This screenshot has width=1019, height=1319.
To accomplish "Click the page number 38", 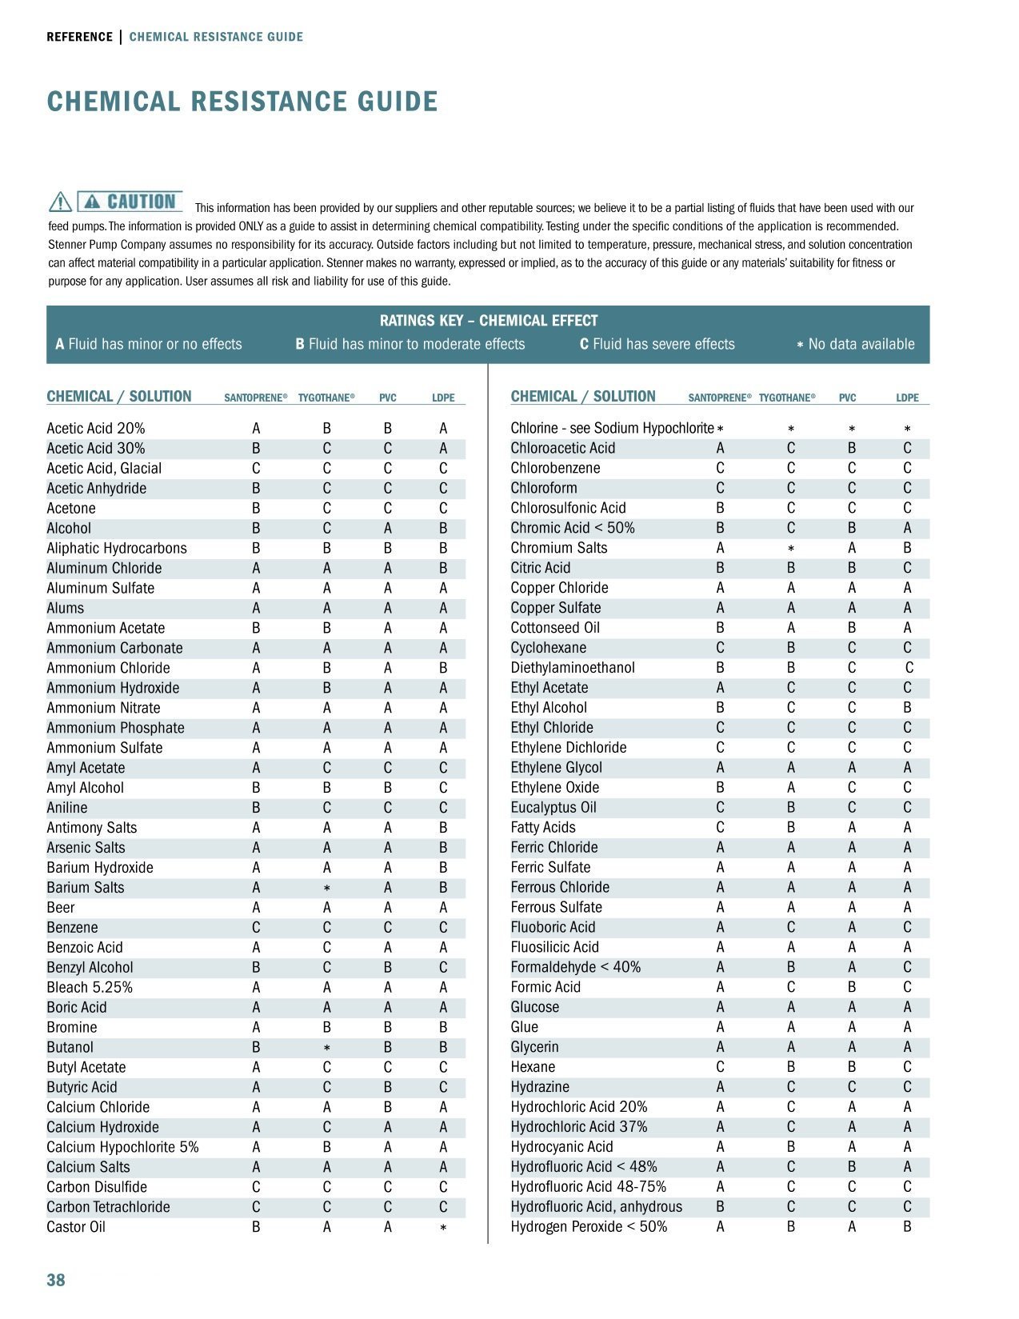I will [x=56, y=1280].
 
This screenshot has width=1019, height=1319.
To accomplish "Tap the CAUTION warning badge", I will [x=130, y=202].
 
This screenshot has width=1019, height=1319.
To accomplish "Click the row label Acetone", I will [x=71, y=508].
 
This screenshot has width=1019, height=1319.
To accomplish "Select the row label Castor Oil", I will [x=76, y=1227].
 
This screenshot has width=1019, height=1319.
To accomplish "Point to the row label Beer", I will [x=61, y=907].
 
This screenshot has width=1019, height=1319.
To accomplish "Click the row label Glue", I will [x=525, y=1027].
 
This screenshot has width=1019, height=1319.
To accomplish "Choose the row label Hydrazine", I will [x=540, y=1087].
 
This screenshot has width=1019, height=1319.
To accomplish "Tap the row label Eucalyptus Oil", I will [x=553, y=807].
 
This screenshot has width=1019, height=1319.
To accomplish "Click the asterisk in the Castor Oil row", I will [x=443, y=1228].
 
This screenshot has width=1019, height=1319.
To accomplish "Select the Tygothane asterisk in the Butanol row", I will [x=326, y=1048].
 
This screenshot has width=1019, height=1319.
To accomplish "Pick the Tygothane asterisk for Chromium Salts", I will [x=790, y=549].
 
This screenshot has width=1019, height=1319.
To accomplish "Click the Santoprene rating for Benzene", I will [x=256, y=927].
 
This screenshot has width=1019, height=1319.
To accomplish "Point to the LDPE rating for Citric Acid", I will [x=907, y=568].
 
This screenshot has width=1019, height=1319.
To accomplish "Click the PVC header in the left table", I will [x=388, y=398].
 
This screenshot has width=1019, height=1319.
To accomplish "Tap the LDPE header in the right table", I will [x=907, y=398].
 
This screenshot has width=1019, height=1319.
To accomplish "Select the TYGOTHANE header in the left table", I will [x=326, y=398].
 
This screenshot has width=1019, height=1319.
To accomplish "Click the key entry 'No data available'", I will [x=855, y=344].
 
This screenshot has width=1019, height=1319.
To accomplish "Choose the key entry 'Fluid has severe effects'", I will [x=657, y=344].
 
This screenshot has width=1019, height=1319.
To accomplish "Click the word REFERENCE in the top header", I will [x=79, y=37].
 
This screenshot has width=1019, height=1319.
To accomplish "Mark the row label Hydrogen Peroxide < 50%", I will [x=589, y=1227].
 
